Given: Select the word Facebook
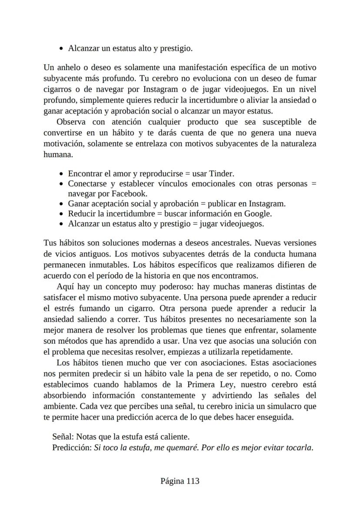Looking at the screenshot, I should [129, 194].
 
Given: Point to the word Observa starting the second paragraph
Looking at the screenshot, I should [71, 122].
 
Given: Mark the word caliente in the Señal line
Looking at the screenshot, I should [175, 436].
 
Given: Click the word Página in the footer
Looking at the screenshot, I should [172, 481].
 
